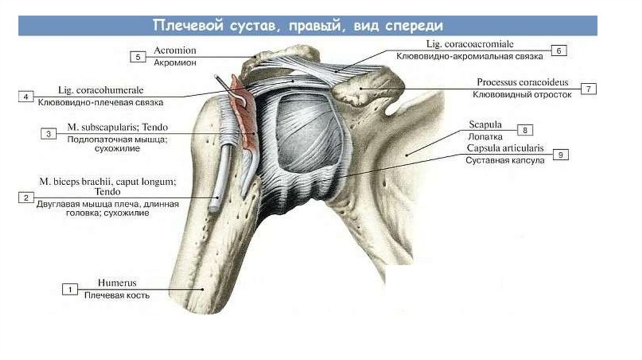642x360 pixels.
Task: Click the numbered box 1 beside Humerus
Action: pos(70,289)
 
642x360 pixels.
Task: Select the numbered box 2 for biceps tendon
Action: pos(26,198)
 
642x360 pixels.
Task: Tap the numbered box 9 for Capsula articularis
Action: pos(561,154)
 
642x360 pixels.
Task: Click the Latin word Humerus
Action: pos(117,283)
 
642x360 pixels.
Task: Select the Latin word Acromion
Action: pos(174,50)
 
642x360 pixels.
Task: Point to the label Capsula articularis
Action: pos(505,149)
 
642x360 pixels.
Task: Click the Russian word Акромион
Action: pos(175,63)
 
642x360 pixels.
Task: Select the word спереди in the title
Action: pos(412,26)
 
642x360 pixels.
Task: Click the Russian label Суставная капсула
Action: pos(504,161)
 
